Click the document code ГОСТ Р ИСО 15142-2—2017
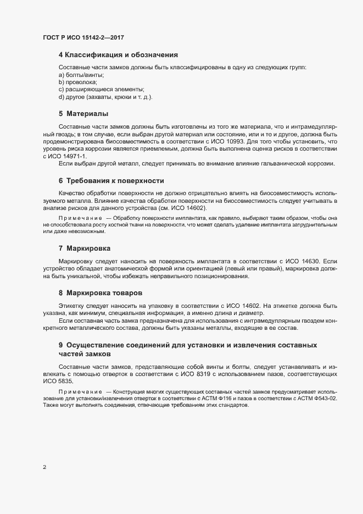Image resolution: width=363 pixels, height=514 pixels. pyautogui.click(x=86, y=37)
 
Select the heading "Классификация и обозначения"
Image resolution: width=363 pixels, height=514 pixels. pyautogui.click(x=121, y=55)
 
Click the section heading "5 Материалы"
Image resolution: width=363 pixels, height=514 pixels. pyautogui.click(x=83, y=114)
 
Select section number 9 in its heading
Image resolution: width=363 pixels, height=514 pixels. pyautogui.click(x=60, y=345)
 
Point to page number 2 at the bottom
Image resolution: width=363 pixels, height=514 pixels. pyautogui.click(x=44, y=468)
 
